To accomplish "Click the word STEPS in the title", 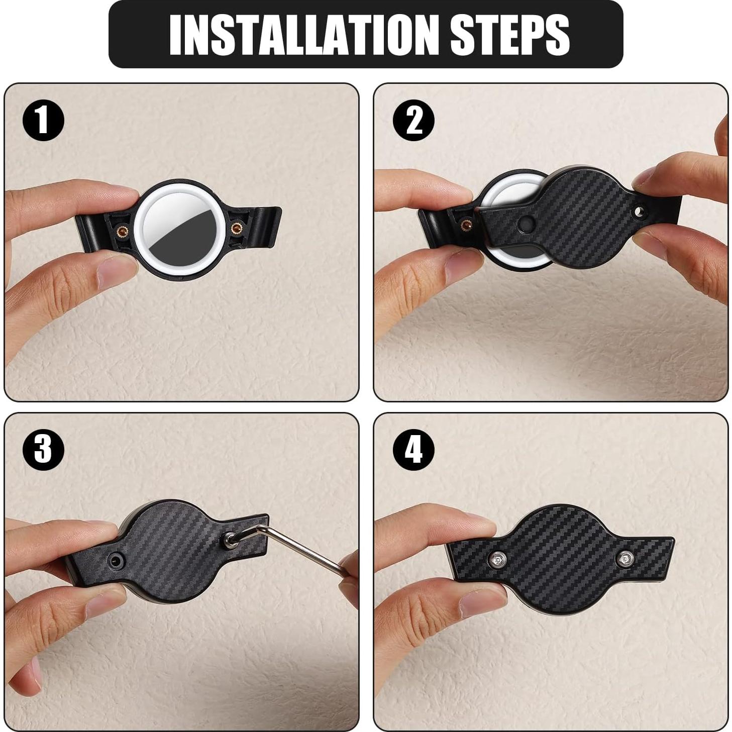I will (509, 34).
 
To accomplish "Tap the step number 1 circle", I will (43, 121).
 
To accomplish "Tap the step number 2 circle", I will (413, 121).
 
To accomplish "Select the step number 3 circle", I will (43, 449).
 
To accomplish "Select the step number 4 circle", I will (413, 449).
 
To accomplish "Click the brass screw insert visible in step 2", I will (466, 225).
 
